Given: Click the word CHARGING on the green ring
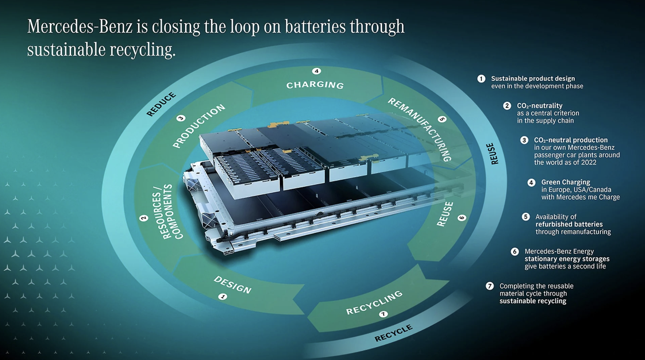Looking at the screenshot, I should click(x=315, y=85).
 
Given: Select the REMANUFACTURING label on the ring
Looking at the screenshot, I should click(x=420, y=129).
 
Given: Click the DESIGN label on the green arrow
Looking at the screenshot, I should click(x=232, y=285).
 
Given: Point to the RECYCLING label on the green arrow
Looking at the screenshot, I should click(x=374, y=303).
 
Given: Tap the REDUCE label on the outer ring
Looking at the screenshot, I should click(x=161, y=104).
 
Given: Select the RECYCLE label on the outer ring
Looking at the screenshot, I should click(x=393, y=333).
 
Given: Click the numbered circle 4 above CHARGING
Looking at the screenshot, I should click(x=316, y=71).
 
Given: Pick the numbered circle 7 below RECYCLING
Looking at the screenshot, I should click(x=383, y=314).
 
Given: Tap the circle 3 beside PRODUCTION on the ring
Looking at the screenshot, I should click(x=181, y=118).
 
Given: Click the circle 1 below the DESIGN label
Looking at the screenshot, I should click(x=223, y=297).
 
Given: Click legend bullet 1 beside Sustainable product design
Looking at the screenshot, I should click(x=481, y=79).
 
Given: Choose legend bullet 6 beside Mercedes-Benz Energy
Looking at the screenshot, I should click(x=514, y=251).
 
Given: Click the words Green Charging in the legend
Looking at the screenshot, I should click(x=565, y=182).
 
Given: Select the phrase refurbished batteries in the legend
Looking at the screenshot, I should click(x=569, y=224).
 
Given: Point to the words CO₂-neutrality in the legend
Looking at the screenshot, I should click(x=540, y=106).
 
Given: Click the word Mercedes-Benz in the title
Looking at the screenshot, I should click(x=80, y=27).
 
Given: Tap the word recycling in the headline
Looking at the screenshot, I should click(x=142, y=50).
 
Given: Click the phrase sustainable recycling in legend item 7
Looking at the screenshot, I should click(x=533, y=301).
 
